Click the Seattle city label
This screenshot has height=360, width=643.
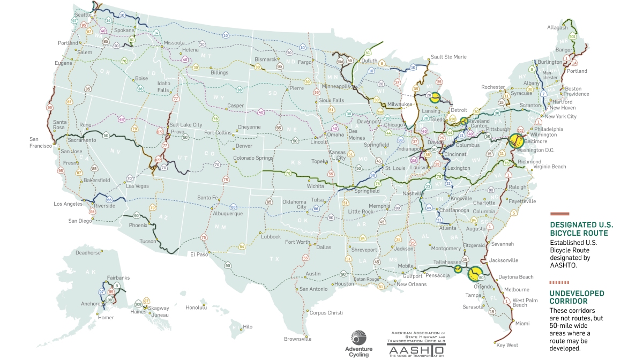pyautogui.click(x=83, y=14)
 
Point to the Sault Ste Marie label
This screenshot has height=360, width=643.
pyautogui.click(x=448, y=57)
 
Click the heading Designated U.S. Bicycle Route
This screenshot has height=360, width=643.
pyautogui.click(x=579, y=229)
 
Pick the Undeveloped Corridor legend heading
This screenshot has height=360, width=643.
pyautogui.click(x=577, y=297)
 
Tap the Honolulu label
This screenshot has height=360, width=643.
pyautogui.click(x=196, y=307)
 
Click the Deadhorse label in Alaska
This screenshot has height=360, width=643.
pyautogui.click(x=88, y=252)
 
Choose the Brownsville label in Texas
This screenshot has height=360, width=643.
pyautogui.click(x=297, y=339)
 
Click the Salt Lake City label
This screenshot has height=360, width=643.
pyautogui.click(x=186, y=124)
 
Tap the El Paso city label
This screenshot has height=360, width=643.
pyautogui.click(x=199, y=254)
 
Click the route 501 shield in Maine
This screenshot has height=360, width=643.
pyautogui.click(x=572, y=36)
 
